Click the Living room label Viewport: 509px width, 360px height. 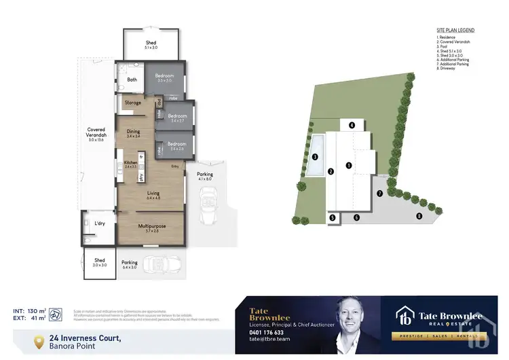tap(153, 194)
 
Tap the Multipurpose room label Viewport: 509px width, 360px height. tap(151, 226)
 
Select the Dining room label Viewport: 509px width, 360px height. tap(133, 131)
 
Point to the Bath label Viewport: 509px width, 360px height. tap(132, 79)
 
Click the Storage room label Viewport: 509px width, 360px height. tap(133, 103)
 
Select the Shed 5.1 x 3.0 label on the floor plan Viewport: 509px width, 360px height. tap(151, 43)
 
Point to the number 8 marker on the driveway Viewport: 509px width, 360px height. tap(419, 216)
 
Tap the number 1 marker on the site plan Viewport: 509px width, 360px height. tap(348, 165)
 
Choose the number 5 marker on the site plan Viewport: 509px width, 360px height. tap(333, 217)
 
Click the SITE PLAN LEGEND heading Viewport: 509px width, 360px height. tap(455, 31)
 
